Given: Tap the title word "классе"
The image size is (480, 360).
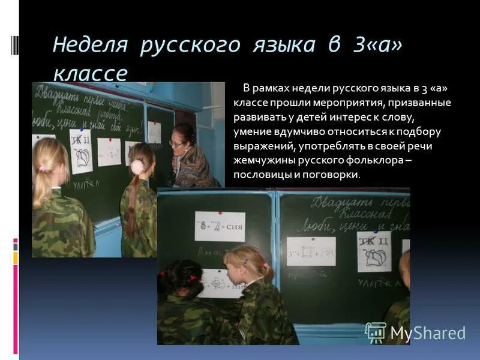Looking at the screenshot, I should pos(90,73).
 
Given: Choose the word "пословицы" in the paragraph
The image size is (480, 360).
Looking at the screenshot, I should pos(261,175).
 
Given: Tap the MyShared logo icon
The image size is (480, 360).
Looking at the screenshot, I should pos(376,332).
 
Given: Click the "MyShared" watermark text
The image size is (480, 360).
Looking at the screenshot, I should pos(428,334).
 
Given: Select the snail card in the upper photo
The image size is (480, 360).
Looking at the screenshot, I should pos(82,151).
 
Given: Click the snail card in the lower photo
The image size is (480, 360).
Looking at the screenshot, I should pos(375,253).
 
